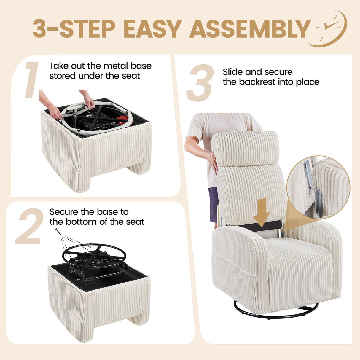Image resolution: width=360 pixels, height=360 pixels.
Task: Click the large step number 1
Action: (32, 80)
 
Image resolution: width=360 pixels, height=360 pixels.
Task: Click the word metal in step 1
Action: (116, 66)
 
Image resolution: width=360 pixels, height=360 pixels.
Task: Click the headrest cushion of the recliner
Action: (245, 149)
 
